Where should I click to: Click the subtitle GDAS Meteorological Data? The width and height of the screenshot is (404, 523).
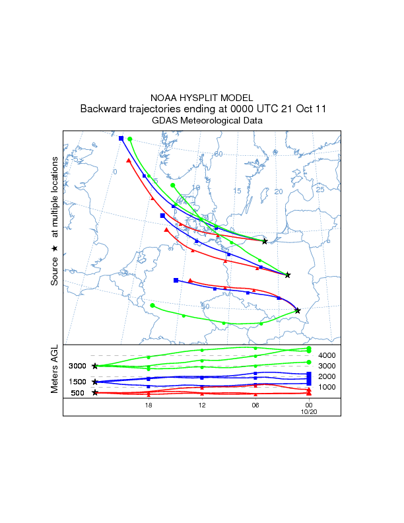pos(207,121)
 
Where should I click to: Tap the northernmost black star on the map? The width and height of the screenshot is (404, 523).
pos(265,241)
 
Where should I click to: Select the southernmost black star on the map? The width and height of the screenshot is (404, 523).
pos(298,310)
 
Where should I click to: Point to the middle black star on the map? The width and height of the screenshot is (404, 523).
pos(287,275)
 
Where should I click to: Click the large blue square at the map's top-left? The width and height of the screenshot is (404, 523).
pos(121,138)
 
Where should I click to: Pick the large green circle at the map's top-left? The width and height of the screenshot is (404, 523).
pos(130,139)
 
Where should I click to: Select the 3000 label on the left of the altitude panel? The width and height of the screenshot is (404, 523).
pos(78,366)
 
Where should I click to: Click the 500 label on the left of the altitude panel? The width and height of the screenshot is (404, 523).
pos(78,393)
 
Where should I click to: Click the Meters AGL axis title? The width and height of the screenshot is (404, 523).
pos(55,372)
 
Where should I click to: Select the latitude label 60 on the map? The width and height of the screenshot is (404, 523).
pos(219,155)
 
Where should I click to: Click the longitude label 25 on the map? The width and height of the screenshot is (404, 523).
pos(320,190)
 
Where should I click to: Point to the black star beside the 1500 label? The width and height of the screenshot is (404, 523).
pos(95,382)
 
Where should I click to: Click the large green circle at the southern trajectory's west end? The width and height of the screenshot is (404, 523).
pos(152,306)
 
